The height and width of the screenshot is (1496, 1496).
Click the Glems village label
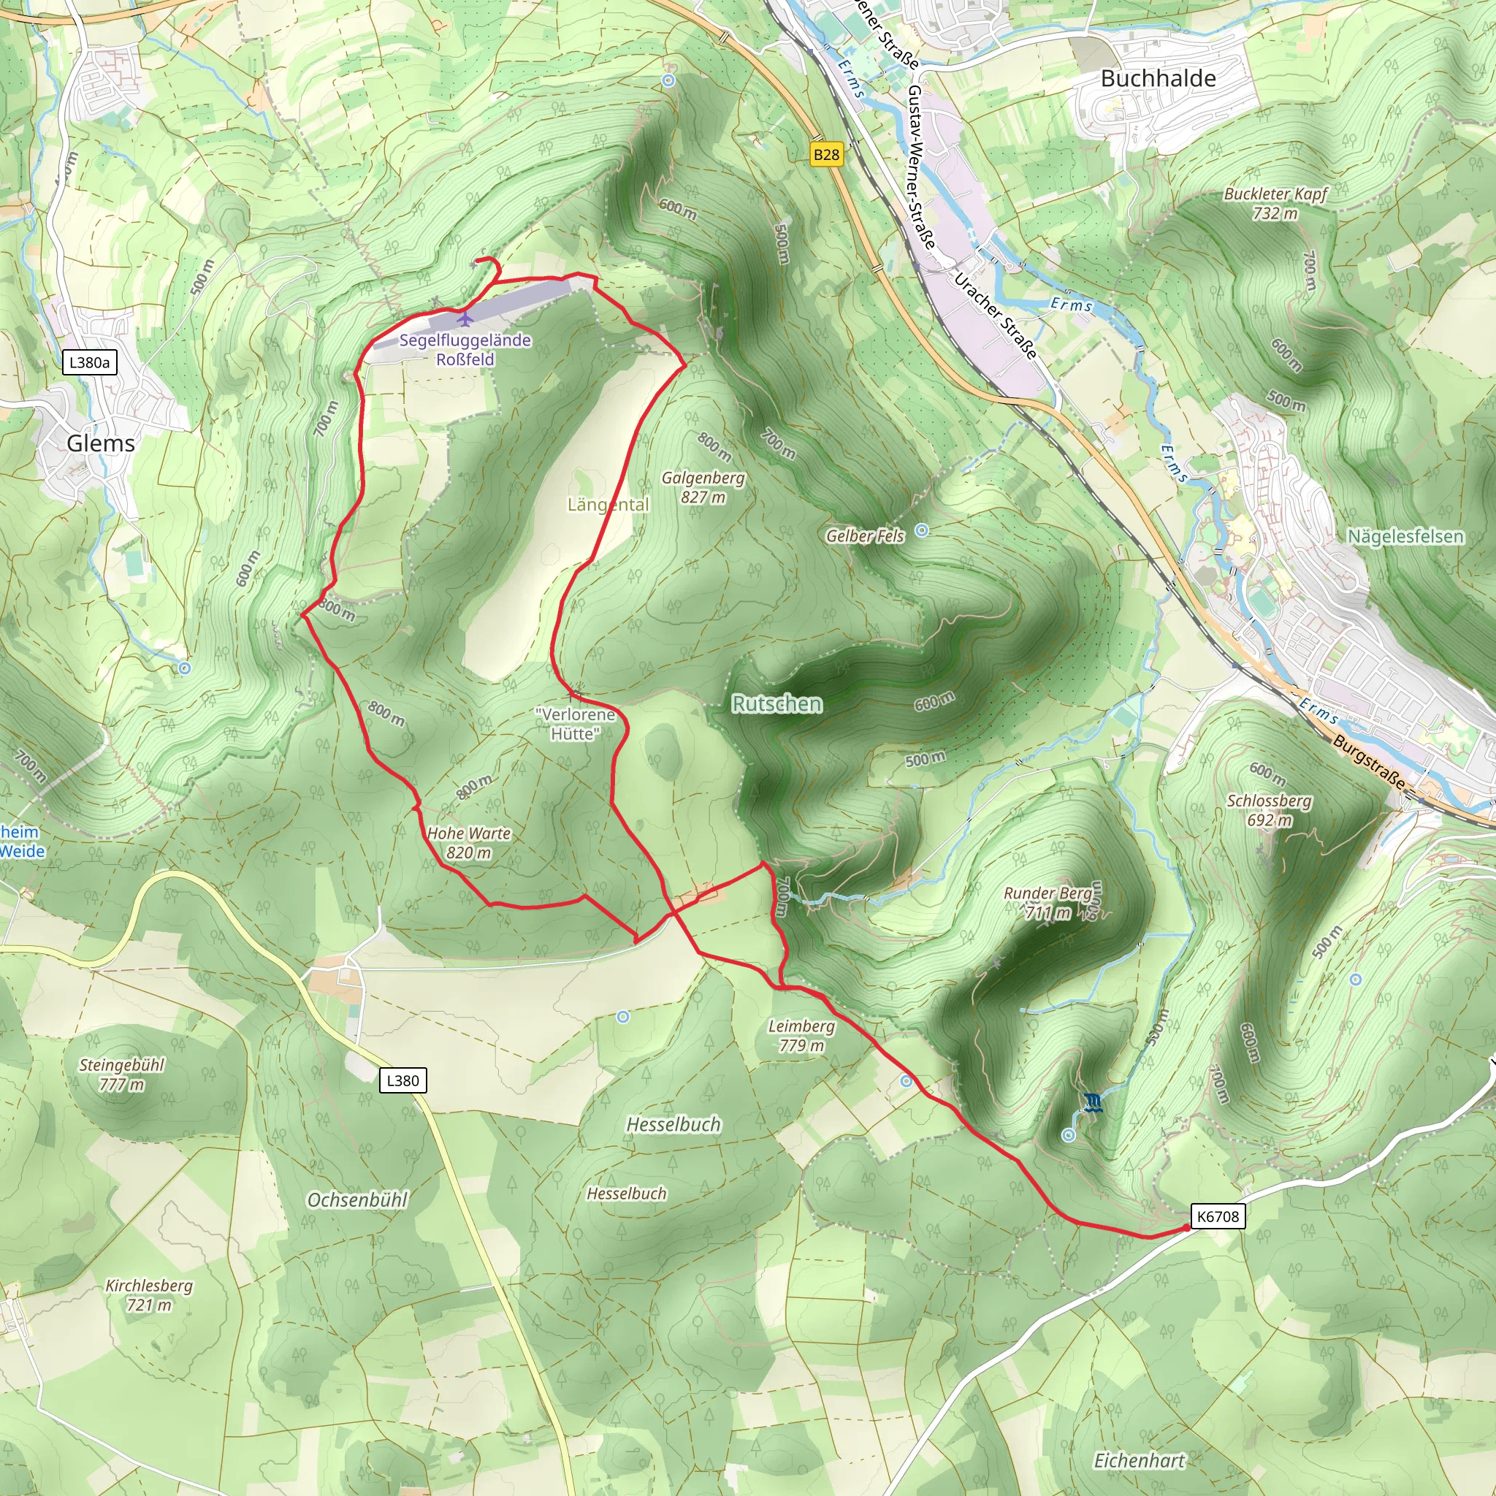coord(101,443)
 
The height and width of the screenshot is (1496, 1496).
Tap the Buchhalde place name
coord(1158,78)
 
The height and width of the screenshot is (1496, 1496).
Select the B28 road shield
coord(826,155)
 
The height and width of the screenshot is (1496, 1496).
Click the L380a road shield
coord(89,362)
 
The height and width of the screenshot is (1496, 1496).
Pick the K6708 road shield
coord(1218,1215)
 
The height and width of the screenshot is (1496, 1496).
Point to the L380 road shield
coord(402,1080)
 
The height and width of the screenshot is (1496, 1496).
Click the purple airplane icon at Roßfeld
coord(464,318)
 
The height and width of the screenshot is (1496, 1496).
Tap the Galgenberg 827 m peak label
coord(703,488)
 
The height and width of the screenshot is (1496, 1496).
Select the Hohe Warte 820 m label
coord(469,843)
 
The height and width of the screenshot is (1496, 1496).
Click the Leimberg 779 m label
coord(801,1036)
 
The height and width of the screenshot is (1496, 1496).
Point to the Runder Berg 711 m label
coord(1049,903)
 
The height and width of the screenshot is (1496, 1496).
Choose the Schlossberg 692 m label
coord(1269,810)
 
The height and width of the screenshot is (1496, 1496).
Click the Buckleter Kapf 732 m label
coord(1275,204)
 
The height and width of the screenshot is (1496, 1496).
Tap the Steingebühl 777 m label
coord(121,1075)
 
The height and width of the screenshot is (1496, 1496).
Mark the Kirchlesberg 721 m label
coord(149,1295)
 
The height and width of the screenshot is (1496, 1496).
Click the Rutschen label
coord(776,704)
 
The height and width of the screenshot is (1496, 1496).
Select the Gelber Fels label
coord(865,536)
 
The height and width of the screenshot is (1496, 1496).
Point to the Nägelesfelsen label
coord(1405,537)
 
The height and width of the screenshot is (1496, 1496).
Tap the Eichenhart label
coord(1139,1461)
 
